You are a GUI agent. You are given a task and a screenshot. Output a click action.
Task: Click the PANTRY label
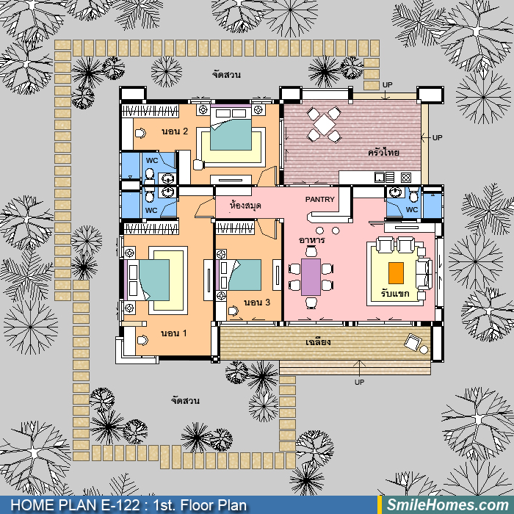(x=319, y=199)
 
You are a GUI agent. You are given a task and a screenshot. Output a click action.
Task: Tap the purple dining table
(x=311, y=277)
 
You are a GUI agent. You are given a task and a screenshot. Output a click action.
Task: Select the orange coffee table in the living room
(x=396, y=273)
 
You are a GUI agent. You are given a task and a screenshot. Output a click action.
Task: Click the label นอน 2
(x=175, y=131)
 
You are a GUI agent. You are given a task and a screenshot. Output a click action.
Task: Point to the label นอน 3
(x=257, y=303)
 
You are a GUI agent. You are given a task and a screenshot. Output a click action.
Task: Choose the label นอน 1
(x=174, y=333)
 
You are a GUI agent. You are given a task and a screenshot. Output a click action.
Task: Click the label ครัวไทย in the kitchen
(x=383, y=153)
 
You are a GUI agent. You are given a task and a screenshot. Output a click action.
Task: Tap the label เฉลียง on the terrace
(x=318, y=342)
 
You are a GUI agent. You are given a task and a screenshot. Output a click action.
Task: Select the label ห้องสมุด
(x=245, y=206)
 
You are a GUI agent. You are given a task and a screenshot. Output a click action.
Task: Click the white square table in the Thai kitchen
(x=324, y=125)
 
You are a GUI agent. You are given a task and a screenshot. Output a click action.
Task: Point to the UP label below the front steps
(x=359, y=382)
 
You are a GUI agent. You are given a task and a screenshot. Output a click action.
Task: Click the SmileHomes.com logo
(x=447, y=505)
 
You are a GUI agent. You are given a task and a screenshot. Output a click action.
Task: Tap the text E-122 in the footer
(x=120, y=505)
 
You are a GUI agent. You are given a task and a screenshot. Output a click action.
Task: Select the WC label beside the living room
(x=412, y=209)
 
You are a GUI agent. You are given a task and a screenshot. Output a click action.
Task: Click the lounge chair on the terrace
(x=413, y=343)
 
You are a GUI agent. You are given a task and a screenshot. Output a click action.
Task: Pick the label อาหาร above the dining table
(x=312, y=240)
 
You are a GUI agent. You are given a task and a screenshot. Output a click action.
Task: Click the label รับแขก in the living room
(x=395, y=293)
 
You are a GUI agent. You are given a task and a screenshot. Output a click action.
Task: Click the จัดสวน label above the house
(x=226, y=75)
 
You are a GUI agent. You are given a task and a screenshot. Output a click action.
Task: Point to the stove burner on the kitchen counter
(x=406, y=178)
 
